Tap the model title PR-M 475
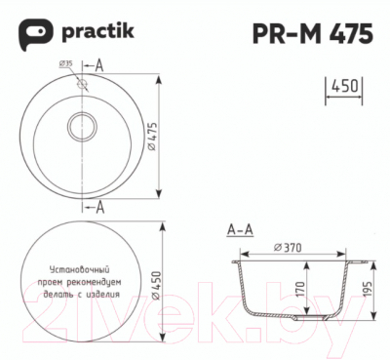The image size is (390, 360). pyautogui.click(x=311, y=34)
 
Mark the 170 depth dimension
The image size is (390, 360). pyautogui.click(x=301, y=290)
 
